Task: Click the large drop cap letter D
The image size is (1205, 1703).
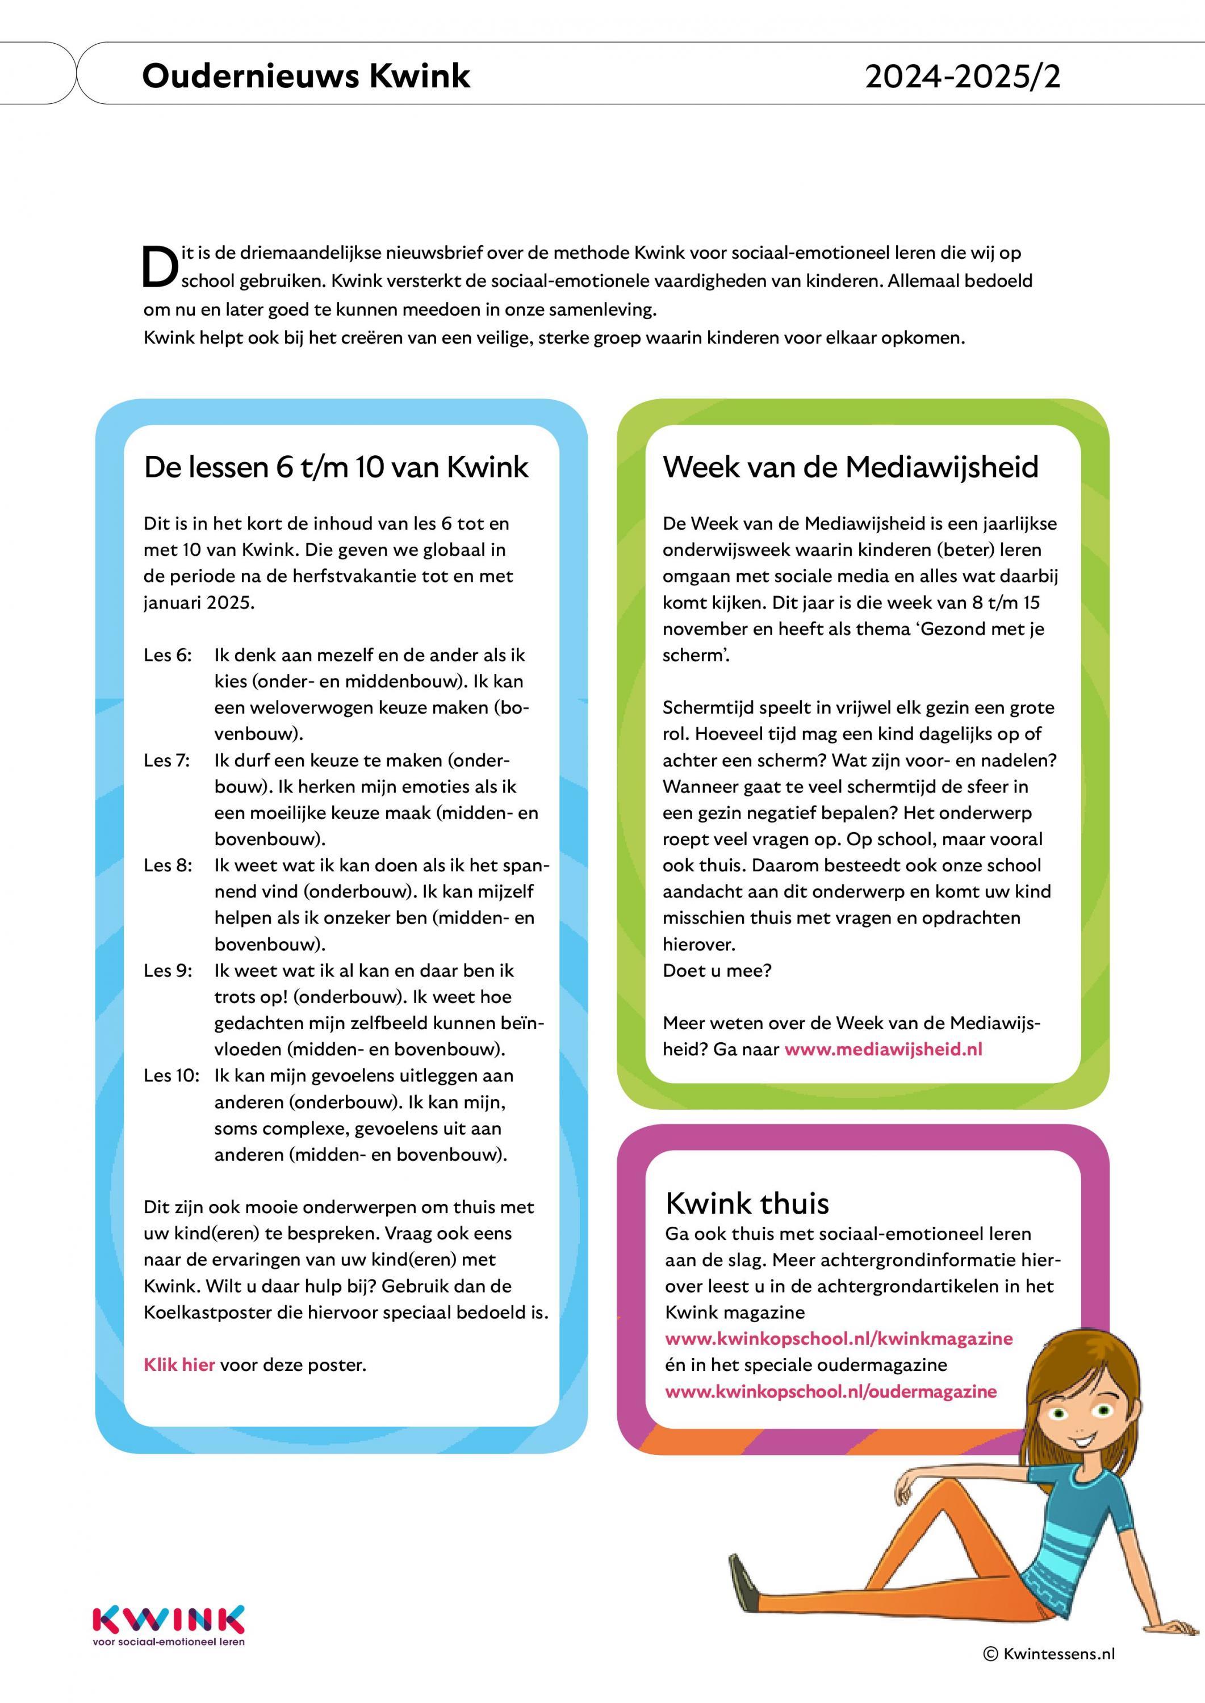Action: [x=160, y=266]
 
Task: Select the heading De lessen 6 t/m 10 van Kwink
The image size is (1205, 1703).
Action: [x=336, y=467]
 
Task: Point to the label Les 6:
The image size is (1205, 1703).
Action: [x=168, y=655]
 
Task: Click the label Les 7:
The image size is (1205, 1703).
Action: [x=167, y=760]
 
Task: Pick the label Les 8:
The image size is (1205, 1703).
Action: [x=168, y=866]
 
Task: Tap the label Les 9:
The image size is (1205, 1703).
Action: [x=168, y=971]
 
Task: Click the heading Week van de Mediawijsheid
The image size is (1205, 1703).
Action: [x=850, y=467]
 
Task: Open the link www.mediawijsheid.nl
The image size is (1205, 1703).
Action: [x=883, y=1050]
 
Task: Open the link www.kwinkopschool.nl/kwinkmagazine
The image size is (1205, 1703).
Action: [x=839, y=1339]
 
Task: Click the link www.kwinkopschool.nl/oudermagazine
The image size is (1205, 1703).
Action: [x=830, y=1391]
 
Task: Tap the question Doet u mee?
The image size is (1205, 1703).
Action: [x=717, y=971]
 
